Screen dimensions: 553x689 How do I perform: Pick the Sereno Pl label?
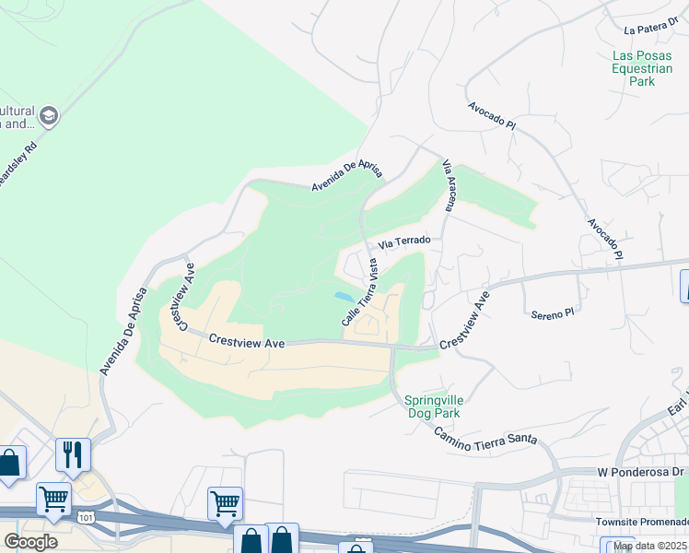tap(552, 314)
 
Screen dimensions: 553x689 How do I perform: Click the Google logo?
tap(30, 542)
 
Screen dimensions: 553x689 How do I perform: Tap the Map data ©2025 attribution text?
tap(650, 546)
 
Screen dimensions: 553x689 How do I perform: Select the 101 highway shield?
tap(86, 518)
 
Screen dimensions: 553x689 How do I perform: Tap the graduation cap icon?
tap(49, 116)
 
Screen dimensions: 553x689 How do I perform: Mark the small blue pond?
tap(343, 297)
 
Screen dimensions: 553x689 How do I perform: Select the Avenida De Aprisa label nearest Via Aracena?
tap(346, 172)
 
